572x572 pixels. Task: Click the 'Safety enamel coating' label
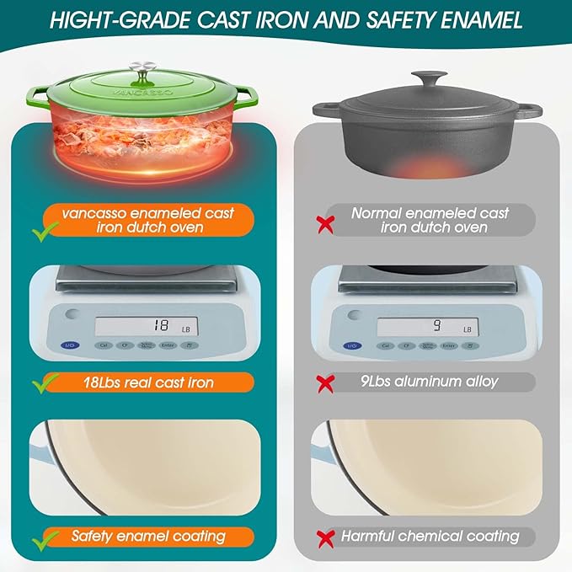(147, 536)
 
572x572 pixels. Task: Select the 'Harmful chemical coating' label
(430, 536)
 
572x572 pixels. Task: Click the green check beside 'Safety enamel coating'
(42, 537)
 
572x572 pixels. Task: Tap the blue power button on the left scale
(71, 345)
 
